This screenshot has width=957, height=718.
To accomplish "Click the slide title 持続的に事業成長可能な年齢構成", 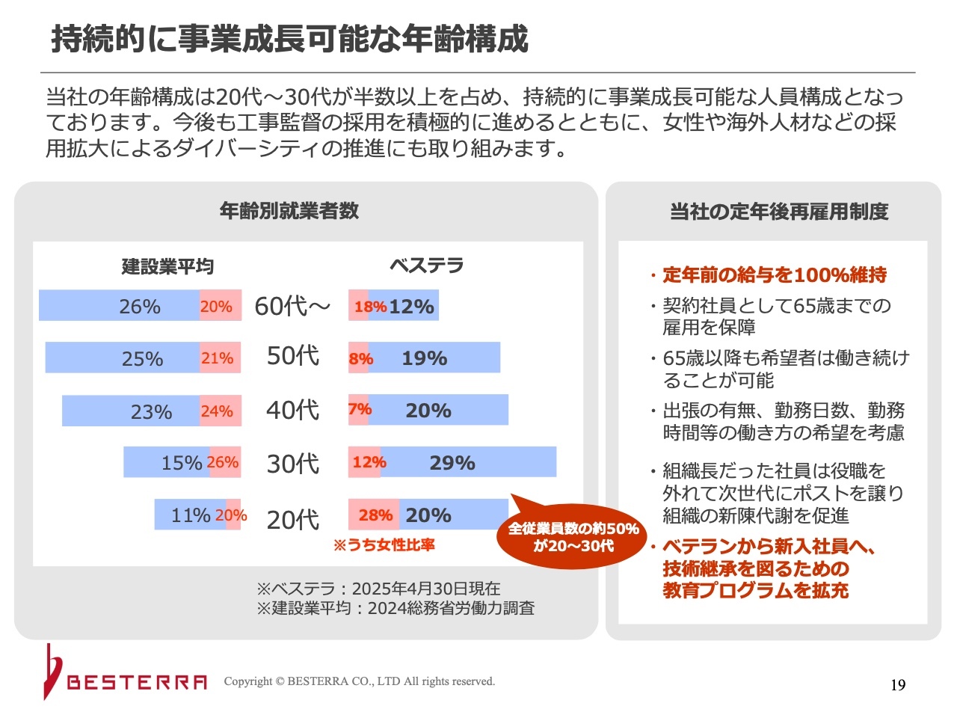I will tap(289, 39).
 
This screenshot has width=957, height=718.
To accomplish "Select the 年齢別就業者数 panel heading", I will tap(289, 211).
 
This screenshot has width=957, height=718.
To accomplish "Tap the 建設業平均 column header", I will tap(167, 266).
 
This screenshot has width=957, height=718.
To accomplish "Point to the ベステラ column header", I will tap(426, 266).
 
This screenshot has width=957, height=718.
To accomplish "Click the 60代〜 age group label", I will tap(292, 306).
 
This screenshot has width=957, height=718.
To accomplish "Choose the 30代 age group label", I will tap(292, 464).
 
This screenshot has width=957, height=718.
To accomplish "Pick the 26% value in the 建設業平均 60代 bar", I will tap(140, 307).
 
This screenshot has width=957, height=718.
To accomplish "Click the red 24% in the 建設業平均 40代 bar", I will tap(217, 411).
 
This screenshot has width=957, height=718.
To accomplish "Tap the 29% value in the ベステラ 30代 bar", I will tap(452, 463).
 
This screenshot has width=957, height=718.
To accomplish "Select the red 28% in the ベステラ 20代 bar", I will tap(375, 515).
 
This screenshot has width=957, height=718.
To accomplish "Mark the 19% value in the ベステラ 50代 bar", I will tap(424, 358).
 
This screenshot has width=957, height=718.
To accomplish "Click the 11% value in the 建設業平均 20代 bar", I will tap(191, 515).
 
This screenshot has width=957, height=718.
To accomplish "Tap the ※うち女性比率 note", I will tap(384, 545).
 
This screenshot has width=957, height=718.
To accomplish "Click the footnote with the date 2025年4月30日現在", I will tap(378, 589).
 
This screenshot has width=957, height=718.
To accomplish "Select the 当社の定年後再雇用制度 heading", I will tap(779, 212).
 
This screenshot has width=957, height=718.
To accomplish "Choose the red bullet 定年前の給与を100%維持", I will tap(775, 275).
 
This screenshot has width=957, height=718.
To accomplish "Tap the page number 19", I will tap(898, 685).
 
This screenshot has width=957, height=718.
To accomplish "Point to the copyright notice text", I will tap(360, 681).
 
